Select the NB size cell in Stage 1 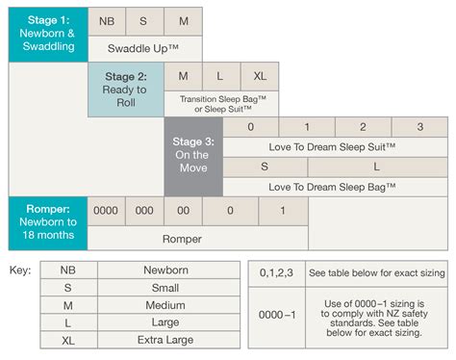pyautogui.click(x=107, y=19)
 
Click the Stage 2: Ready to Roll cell pyautogui.click(x=125, y=90)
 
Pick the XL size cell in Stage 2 pyautogui.click(x=260, y=75)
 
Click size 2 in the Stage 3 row pyautogui.click(x=363, y=127)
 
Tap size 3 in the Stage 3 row pyautogui.click(x=420, y=127)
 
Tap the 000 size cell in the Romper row pyautogui.click(x=144, y=210)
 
